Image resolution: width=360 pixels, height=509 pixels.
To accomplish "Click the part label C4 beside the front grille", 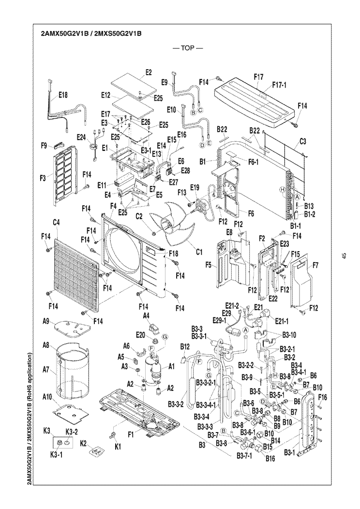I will click(56, 223).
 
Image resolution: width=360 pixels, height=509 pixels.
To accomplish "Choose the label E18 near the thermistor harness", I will click(63, 96).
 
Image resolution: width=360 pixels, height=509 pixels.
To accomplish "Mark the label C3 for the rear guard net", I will click(303, 141).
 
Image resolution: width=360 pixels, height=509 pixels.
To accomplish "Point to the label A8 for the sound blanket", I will click(47, 345).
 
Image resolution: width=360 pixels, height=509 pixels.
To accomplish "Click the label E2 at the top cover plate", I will click(149, 73).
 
